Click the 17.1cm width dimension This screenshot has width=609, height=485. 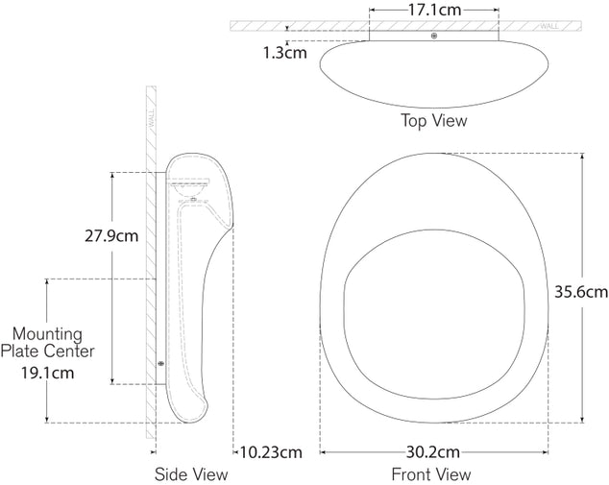434,10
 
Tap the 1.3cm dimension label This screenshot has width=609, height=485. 285,53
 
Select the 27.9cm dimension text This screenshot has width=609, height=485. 111,235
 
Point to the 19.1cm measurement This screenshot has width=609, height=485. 47,373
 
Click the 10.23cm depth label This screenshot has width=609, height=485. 270,452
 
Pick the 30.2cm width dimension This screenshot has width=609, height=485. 433,452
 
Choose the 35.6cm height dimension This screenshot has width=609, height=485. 581,292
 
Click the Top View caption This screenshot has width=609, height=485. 434,120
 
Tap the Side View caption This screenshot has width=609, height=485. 191,474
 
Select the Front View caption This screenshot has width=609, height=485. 431,474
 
